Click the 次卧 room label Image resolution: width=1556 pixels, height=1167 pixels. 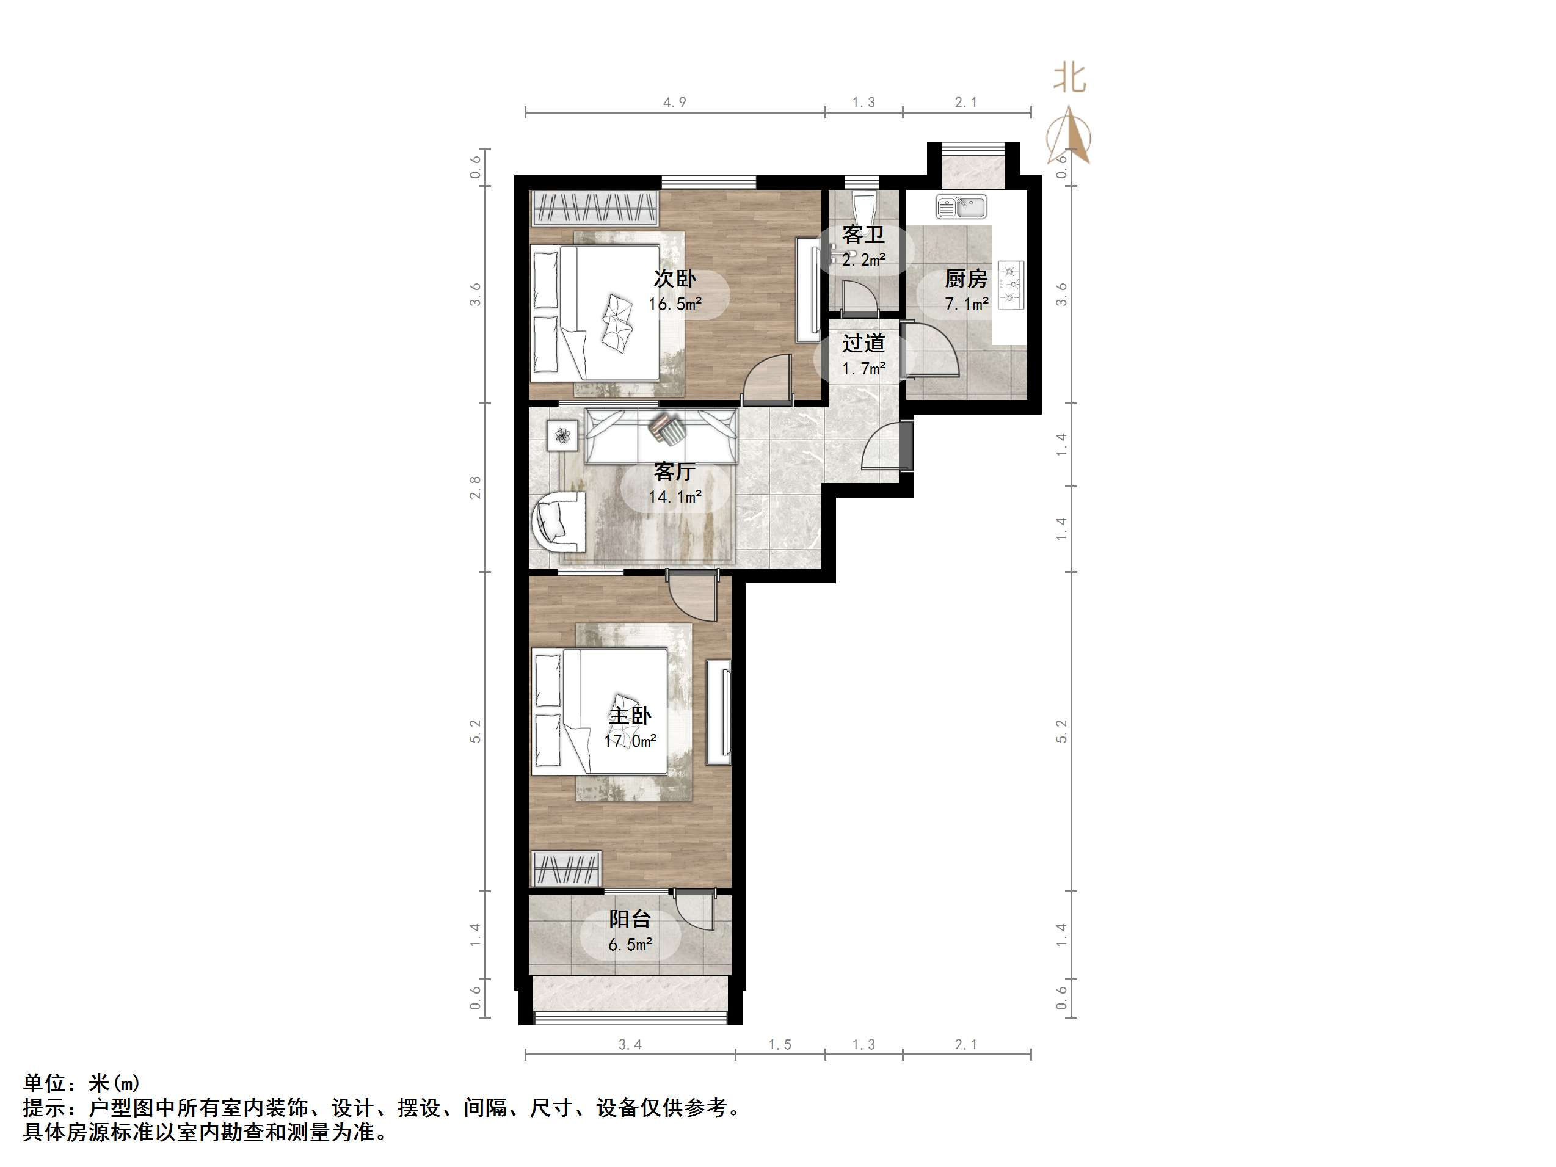[675, 278]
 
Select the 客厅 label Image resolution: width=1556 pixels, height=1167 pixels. [675, 471]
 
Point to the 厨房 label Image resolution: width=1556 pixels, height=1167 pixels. [966, 279]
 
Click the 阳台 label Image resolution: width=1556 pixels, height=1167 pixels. [630, 918]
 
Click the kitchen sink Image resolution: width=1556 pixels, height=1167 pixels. [962, 208]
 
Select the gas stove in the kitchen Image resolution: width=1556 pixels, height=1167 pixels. [1011, 286]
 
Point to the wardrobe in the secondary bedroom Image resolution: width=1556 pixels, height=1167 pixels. [595, 208]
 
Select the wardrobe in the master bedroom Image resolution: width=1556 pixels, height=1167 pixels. [566, 869]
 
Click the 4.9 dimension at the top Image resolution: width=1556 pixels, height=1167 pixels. [675, 103]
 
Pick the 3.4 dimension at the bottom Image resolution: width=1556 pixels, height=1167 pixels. [630, 1045]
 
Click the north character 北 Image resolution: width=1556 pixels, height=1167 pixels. [1069, 78]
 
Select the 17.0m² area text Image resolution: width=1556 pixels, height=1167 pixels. [630, 741]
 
